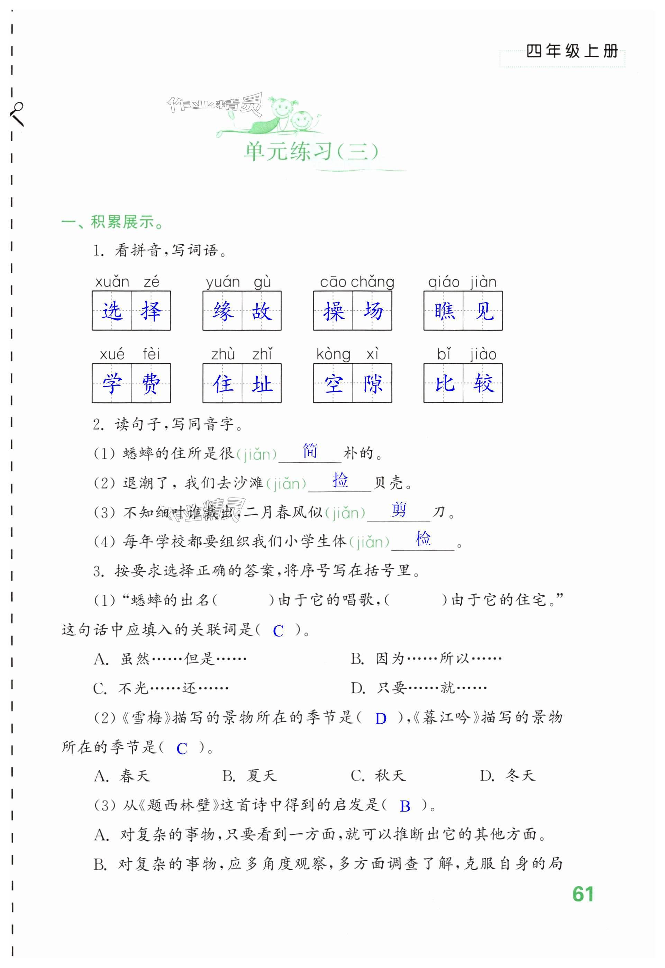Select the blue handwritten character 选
pyautogui.click(x=112, y=311)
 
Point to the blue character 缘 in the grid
pyautogui.click(x=222, y=311)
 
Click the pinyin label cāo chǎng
pyautogui.click(x=357, y=282)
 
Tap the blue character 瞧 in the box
pyautogui.click(x=444, y=311)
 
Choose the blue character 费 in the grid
pyautogui.click(x=151, y=383)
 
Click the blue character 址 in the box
pyautogui.click(x=262, y=383)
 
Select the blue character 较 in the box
pyautogui.click(x=483, y=383)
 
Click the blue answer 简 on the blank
pyautogui.click(x=310, y=451)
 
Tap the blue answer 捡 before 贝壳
pyautogui.click(x=340, y=480)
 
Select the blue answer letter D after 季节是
pyautogui.click(x=380, y=719)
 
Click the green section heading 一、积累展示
pyautogui.click(x=112, y=222)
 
